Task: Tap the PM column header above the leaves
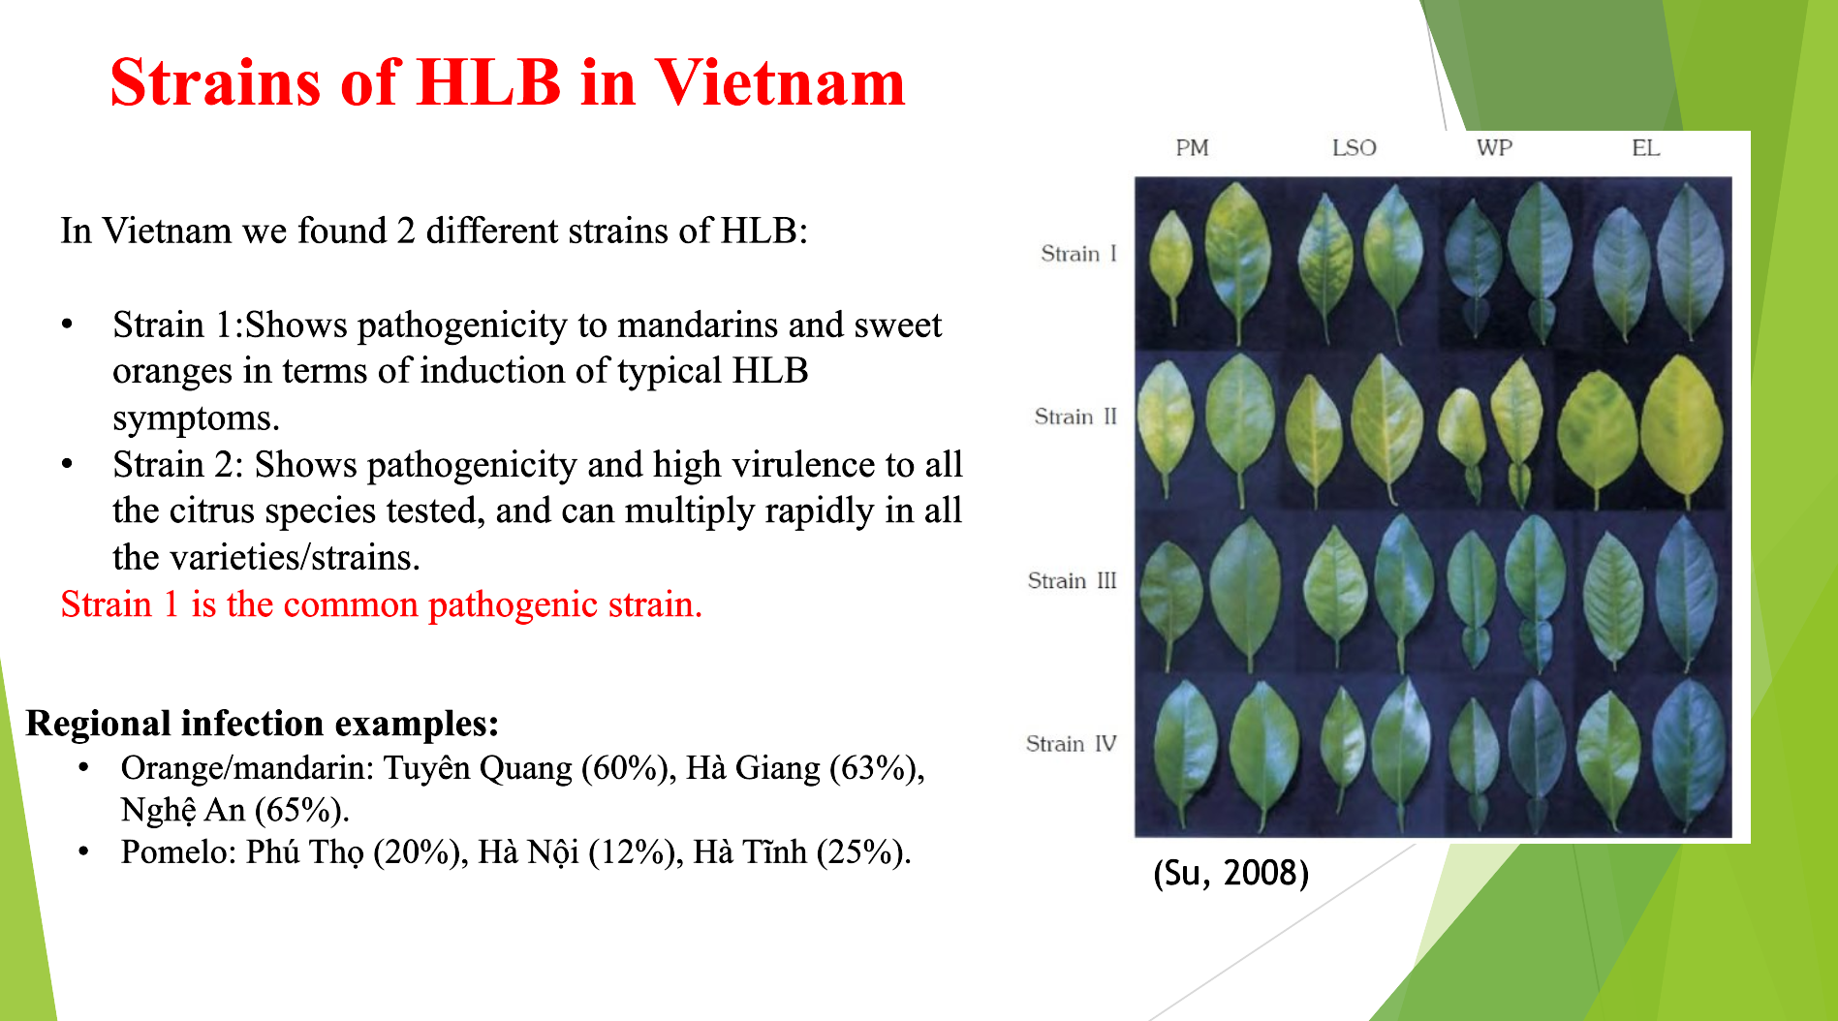[1192, 148]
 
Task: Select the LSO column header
[1354, 148]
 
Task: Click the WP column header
[1494, 148]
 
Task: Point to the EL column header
[1645, 148]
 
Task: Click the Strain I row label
[1078, 254]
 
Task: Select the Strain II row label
[1075, 417]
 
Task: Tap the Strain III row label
[1072, 581]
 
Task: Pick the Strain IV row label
[1071, 744]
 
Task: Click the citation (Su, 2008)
[1231, 874]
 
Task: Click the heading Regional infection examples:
[263, 724]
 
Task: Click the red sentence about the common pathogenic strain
[381, 604]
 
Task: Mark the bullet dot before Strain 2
[67, 464]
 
